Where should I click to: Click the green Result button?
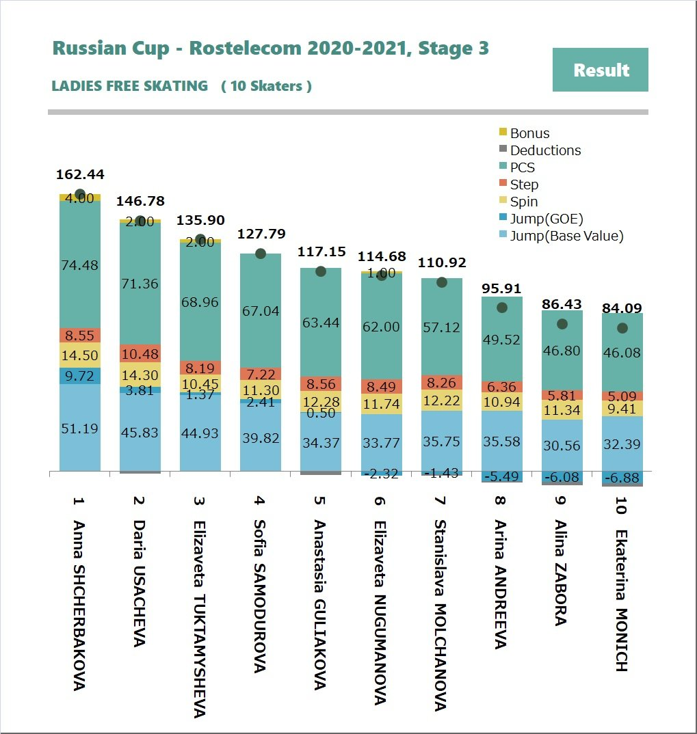pyautogui.click(x=600, y=70)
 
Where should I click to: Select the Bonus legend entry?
pyautogui.click(x=529, y=133)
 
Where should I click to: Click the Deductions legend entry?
pyautogui.click(x=545, y=150)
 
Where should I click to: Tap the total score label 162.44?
pyautogui.click(x=80, y=174)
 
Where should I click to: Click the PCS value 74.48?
pyautogui.click(x=80, y=266)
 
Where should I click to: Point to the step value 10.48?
pyautogui.click(x=140, y=353)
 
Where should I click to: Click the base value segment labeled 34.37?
pyautogui.click(x=321, y=442)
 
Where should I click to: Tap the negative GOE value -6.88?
pyautogui.click(x=622, y=478)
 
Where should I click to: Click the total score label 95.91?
pyautogui.click(x=501, y=288)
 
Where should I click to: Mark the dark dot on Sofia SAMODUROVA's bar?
pyautogui.click(x=261, y=254)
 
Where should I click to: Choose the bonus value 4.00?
pyautogui.click(x=80, y=198)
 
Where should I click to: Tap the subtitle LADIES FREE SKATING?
pyautogui.click(x=130, y=86)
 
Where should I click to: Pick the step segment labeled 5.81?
pyautogui.click(x=562, y=395)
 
